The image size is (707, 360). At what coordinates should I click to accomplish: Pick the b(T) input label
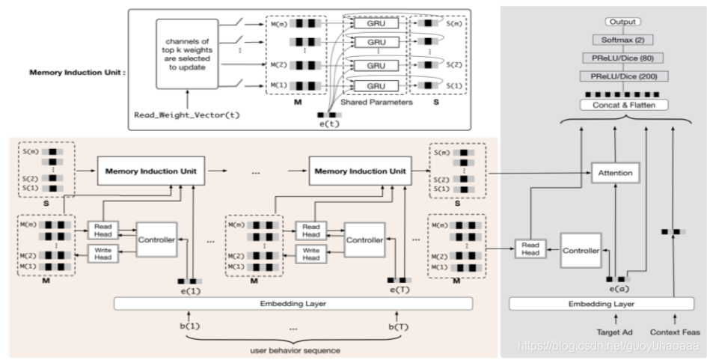(396, 327)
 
